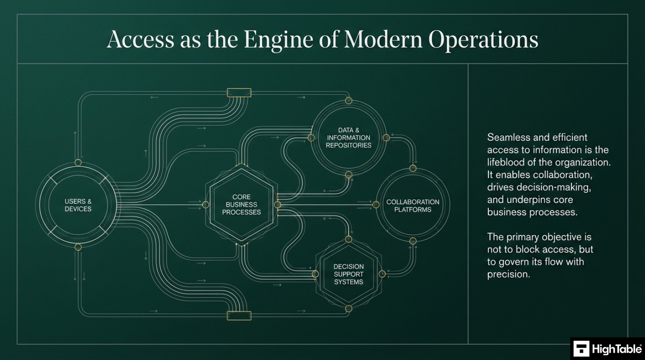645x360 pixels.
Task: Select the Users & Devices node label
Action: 78,205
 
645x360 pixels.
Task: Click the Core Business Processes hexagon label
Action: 241,205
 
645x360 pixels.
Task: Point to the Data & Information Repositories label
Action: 348,138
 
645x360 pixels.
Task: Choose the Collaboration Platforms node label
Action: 413,206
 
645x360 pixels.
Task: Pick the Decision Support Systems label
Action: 348,274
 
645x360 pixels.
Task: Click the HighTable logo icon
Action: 581,349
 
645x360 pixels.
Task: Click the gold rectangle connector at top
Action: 239,93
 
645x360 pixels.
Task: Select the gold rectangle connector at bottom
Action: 239,316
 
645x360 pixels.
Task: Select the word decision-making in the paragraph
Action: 539,188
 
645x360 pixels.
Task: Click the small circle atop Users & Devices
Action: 78,163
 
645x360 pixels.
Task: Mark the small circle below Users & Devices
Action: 78,247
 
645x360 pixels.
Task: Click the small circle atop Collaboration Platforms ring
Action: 413,168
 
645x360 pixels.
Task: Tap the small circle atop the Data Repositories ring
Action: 349,101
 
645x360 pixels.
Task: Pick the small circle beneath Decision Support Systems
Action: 349,308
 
